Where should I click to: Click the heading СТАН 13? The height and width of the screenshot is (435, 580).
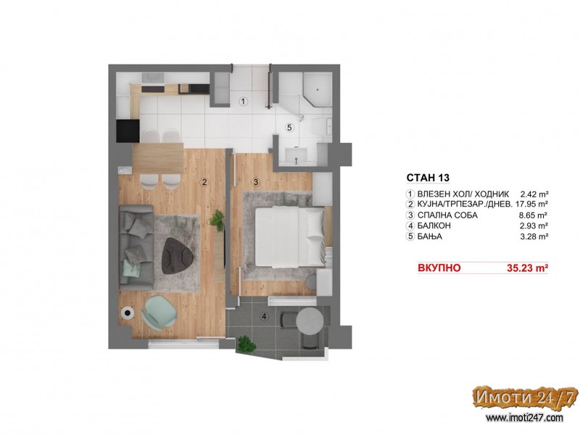(x=428, y=178)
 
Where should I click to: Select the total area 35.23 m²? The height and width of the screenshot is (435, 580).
(x=527, y=268)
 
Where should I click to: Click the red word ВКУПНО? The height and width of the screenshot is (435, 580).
(x=439, y=268)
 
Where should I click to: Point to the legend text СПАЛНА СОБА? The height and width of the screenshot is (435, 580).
(x=447, y=215)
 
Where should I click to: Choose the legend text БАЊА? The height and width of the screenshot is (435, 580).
(x=430, y=237)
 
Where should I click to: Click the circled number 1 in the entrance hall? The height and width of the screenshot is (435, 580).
(x=243, y=101)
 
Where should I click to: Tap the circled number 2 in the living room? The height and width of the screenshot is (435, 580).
(x=204, y=182)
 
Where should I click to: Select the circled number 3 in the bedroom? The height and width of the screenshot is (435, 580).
(x=256, y=182)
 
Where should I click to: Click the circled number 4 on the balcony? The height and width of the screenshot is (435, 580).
(x=264, y=317)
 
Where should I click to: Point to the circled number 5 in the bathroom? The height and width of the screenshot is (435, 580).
(x=289, y=128)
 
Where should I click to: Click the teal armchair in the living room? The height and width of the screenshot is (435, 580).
(x=159, y=312)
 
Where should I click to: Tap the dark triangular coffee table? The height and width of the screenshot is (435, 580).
(x=177, y=256)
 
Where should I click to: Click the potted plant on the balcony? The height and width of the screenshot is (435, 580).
(x=246, y=344)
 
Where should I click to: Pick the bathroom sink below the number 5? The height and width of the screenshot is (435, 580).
(x=297, y=155)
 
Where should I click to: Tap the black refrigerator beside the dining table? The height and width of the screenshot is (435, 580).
(x=128, y=131)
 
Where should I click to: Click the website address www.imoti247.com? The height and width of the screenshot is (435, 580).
(x=524, y=418)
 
